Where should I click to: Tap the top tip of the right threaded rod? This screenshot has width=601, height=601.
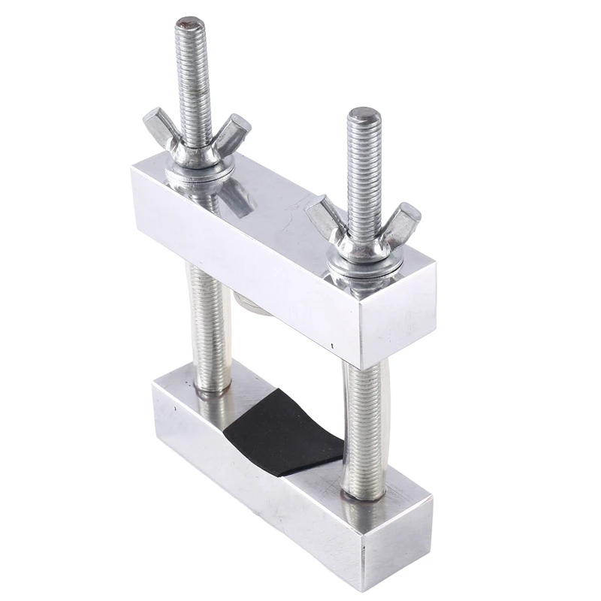click(364, 115)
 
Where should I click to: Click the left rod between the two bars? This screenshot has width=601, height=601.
click(210, 323)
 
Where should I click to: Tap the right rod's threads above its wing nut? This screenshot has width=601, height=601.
click(364, 173)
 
